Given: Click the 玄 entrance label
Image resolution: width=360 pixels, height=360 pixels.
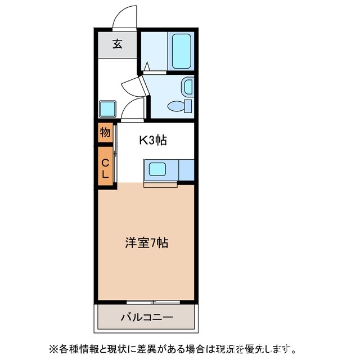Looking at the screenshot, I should [117, 44].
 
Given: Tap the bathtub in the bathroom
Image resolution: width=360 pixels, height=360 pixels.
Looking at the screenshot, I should [181, 51].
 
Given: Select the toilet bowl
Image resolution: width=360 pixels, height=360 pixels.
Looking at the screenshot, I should [179, 106].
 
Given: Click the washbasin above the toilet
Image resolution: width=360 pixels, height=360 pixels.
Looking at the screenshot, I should [187, 87].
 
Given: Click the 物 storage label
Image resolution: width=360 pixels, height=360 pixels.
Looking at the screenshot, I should [105, 133].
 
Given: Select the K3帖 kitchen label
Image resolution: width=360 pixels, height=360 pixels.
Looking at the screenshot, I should [153, 141].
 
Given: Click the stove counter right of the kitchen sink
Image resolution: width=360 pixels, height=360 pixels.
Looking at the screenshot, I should [186, 168].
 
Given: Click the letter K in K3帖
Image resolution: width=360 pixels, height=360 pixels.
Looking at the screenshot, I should [143, 141].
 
